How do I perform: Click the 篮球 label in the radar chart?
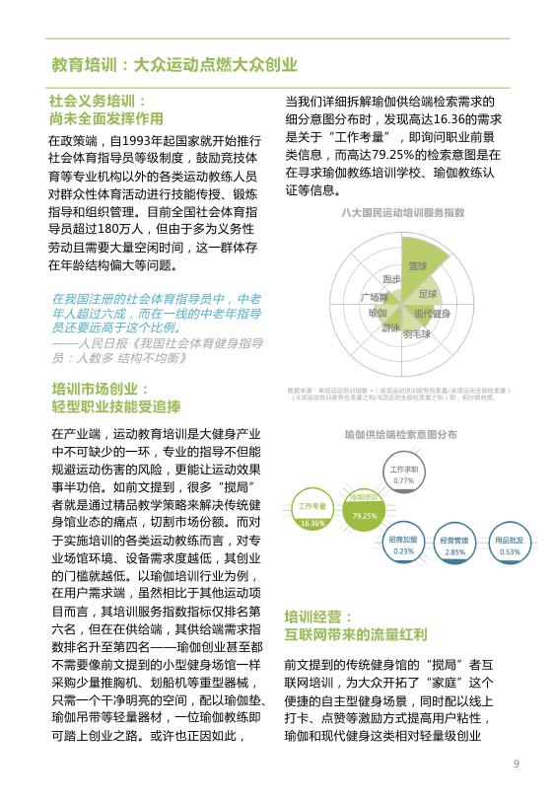point(418,266)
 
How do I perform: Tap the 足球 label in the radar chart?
point(427,293)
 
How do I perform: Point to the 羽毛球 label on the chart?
point(416,334)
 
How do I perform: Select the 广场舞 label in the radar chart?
point(374,297)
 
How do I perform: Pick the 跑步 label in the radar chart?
point(391,279)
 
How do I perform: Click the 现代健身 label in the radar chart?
point(432,313)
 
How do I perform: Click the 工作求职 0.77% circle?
point(403,474)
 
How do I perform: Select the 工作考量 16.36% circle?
point(312,514)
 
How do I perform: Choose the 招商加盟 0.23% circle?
point(403,546)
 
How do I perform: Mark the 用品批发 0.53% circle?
point(509,546)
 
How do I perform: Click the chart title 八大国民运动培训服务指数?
point(402,212)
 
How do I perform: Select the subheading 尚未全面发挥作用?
point(102,117)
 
